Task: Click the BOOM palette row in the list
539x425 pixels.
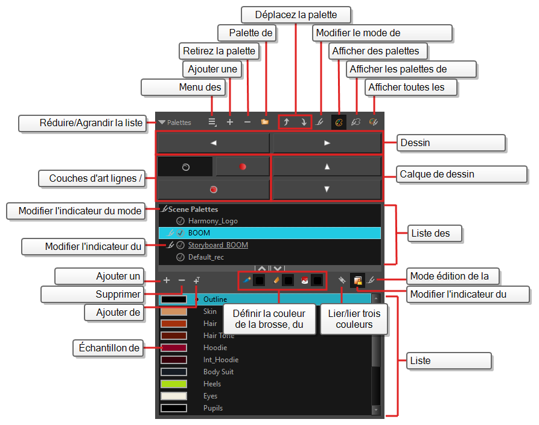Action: coord(269,233)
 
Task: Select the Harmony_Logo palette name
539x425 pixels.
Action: coord(213,221)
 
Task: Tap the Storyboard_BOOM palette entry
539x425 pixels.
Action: coord(218,245)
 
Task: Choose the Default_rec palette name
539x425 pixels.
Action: coord(206,257)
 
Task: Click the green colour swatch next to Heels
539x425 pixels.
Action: coord(174,384)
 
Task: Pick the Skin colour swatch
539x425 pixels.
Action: coord(174,312)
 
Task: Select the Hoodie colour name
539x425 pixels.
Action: coord(215,348)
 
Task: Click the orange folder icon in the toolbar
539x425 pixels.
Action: coord(265,122)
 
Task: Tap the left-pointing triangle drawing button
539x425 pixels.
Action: coord(214,142)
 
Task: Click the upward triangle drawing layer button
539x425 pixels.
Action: coord(327,167)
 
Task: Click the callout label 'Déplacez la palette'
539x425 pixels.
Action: coord(296,14)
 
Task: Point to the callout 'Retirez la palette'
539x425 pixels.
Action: coord(219,51)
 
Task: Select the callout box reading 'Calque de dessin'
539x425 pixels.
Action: coord(462,174)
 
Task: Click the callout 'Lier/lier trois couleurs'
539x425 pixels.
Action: coord(354,319)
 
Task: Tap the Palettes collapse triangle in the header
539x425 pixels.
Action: coord(162,123)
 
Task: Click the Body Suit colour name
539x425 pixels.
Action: coord(218,372)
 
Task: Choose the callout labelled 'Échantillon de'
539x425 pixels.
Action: coord(109,348)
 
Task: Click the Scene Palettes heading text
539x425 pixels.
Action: coord(193,209)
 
